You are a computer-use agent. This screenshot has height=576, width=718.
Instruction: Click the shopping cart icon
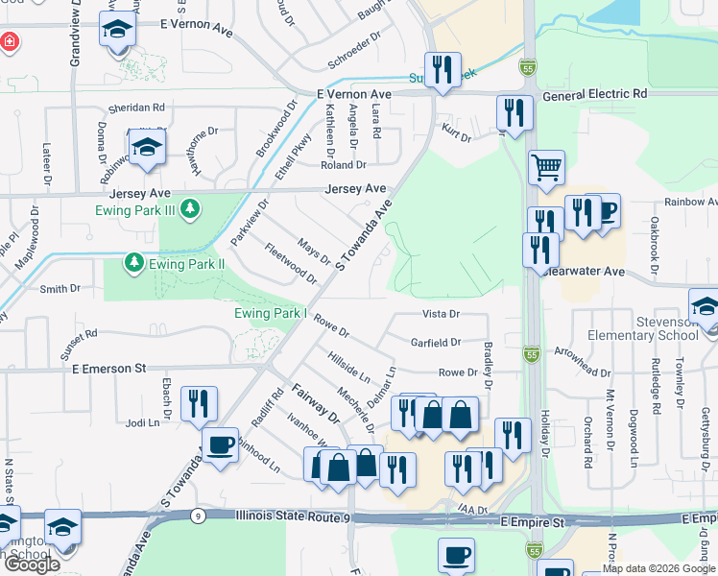[546, 168]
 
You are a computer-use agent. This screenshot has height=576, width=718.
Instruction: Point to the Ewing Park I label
[271, 313]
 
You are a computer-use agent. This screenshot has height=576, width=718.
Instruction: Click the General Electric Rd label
[594, 95]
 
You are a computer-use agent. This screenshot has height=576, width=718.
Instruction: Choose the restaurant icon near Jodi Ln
[199, 403]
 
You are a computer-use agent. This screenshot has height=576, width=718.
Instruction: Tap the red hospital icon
[9, 42]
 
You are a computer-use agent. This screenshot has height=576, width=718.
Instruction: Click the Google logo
[31, 565]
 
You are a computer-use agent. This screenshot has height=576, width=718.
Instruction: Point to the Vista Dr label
[442, 314]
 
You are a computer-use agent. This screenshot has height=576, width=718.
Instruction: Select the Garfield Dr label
[437, 342]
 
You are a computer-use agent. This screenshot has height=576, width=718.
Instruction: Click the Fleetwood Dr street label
[291, 262]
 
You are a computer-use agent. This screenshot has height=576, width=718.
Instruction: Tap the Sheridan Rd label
[136, 108]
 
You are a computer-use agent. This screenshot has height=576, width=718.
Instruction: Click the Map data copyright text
[659, 568]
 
